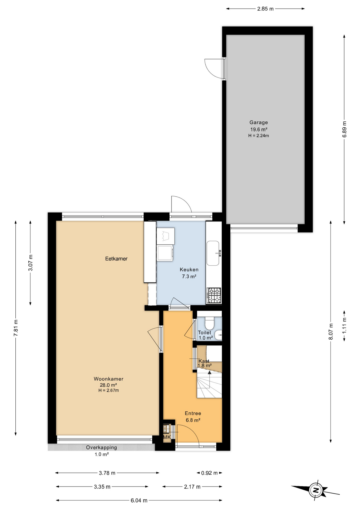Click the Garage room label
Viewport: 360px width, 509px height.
pos(258,122)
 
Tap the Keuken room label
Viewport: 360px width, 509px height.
pos(189,270)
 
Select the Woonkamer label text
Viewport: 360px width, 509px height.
pos(108,379)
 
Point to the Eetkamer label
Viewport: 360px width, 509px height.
pos(116,259)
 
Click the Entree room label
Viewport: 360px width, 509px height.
pos(193,413)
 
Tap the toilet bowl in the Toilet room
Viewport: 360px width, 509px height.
pos(209,323)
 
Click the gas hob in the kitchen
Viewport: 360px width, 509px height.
pos(214,295)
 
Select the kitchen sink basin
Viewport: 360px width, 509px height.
pos(213,253)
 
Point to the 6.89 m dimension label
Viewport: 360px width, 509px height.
pos(344,129)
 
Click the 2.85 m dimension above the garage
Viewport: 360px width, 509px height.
pos(265,9)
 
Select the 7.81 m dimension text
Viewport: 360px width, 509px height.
pos(16,328)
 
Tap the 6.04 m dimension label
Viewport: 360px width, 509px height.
pos(139,501)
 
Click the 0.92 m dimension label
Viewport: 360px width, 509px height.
pos(209,473)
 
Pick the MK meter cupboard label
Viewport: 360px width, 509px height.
pos(167,437)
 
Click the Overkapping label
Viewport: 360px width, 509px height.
pos(102,447)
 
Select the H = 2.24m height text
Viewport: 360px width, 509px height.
pos(258,136)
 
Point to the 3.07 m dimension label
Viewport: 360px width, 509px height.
pos(31,262)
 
